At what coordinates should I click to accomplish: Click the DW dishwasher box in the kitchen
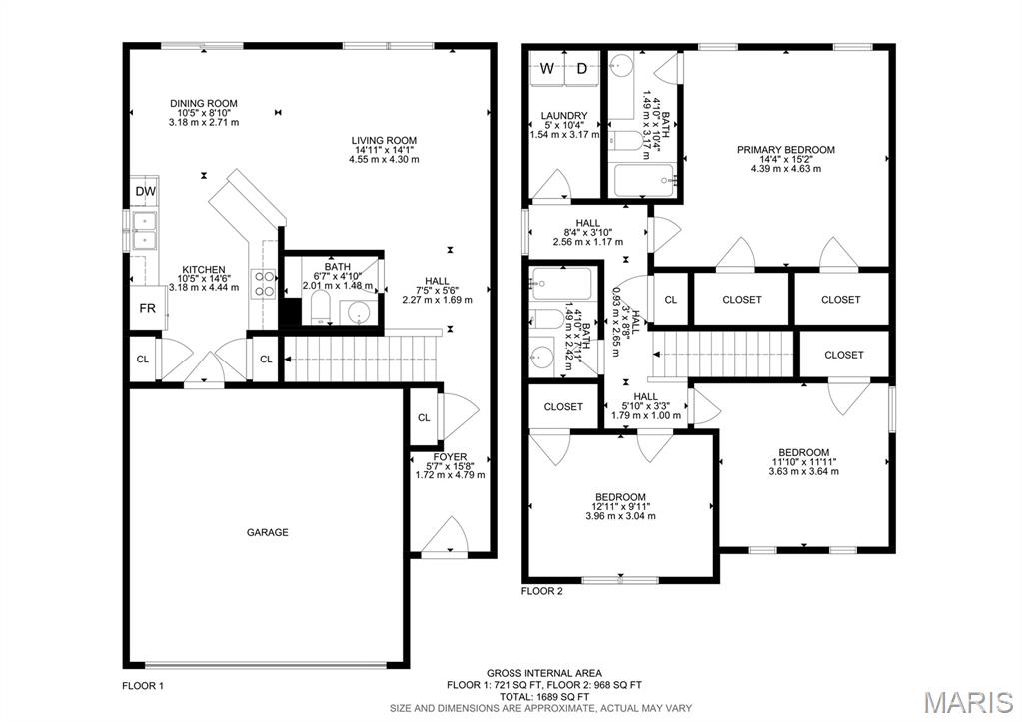click(145, 192)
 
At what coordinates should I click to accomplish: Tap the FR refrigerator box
click(146, 308)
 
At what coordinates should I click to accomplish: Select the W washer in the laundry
click(547, 69)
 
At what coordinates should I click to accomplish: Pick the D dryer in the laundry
click(582, 69)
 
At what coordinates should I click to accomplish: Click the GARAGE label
click(268, 532)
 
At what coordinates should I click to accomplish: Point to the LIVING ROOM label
click(384, 140)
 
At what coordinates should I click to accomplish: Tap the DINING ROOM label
click(204, 103)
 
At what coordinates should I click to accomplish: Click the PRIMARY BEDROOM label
click(785, 150)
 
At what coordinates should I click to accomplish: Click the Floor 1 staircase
click(362, 359)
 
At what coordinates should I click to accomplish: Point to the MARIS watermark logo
click(968, 701)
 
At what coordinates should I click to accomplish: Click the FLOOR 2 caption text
click(542, 591)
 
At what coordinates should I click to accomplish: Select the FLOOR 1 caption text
click(143, 686)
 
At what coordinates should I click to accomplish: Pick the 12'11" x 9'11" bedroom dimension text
click(620, 507)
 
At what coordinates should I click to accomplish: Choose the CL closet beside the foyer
click(424, 417)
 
